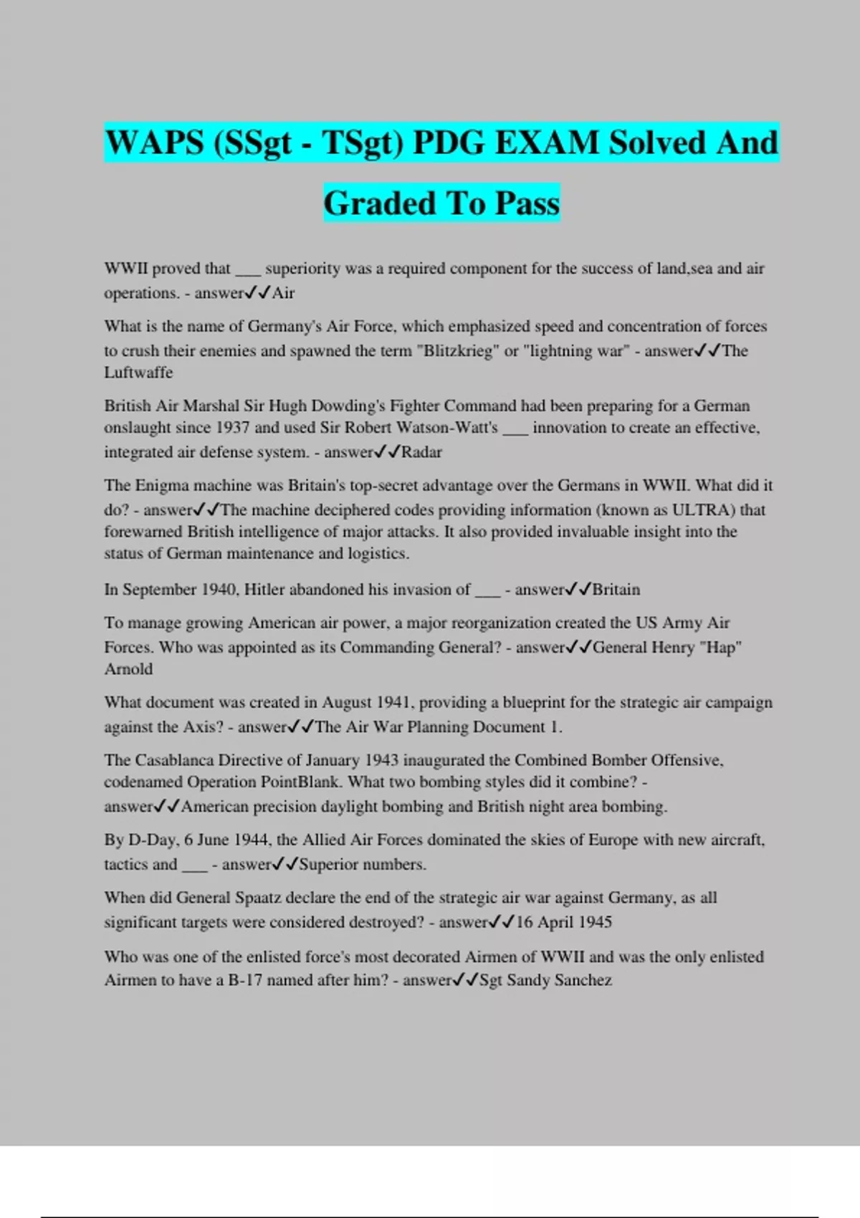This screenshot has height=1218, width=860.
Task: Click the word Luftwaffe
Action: pos(138,373)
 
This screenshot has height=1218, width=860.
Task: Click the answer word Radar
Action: pos(421,452)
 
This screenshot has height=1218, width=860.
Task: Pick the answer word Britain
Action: pos(616,590)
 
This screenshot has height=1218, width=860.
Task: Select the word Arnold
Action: pos(128,669)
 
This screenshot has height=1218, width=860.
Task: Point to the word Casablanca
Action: pos(174,760)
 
